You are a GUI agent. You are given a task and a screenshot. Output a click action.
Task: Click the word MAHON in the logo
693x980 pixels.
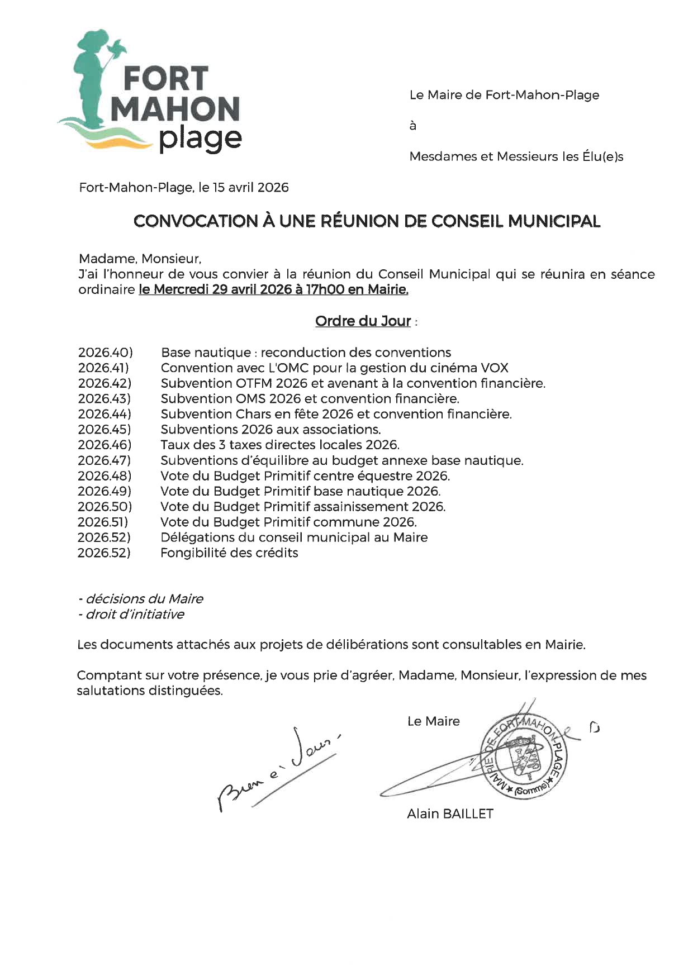pyautogui.click(x=175, y=109)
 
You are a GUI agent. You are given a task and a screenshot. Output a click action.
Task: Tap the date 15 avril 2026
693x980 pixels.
pyautogui.click(x=250, y=187)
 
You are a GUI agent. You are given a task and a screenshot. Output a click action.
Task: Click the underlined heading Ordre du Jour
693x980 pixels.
pyautogui.click(x=363, y=321)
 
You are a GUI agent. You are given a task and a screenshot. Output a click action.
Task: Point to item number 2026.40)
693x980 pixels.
pyautogui.click(x=105, y=353)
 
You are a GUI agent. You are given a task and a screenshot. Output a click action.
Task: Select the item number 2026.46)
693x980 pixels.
pyautogui.click(x=105, y=445)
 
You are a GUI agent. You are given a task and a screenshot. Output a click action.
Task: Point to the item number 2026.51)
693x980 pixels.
pyautogui.click(x=103, y=522)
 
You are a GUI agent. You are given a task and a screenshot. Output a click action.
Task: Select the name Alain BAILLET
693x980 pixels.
pyautogui.click(x=450, y=814)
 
